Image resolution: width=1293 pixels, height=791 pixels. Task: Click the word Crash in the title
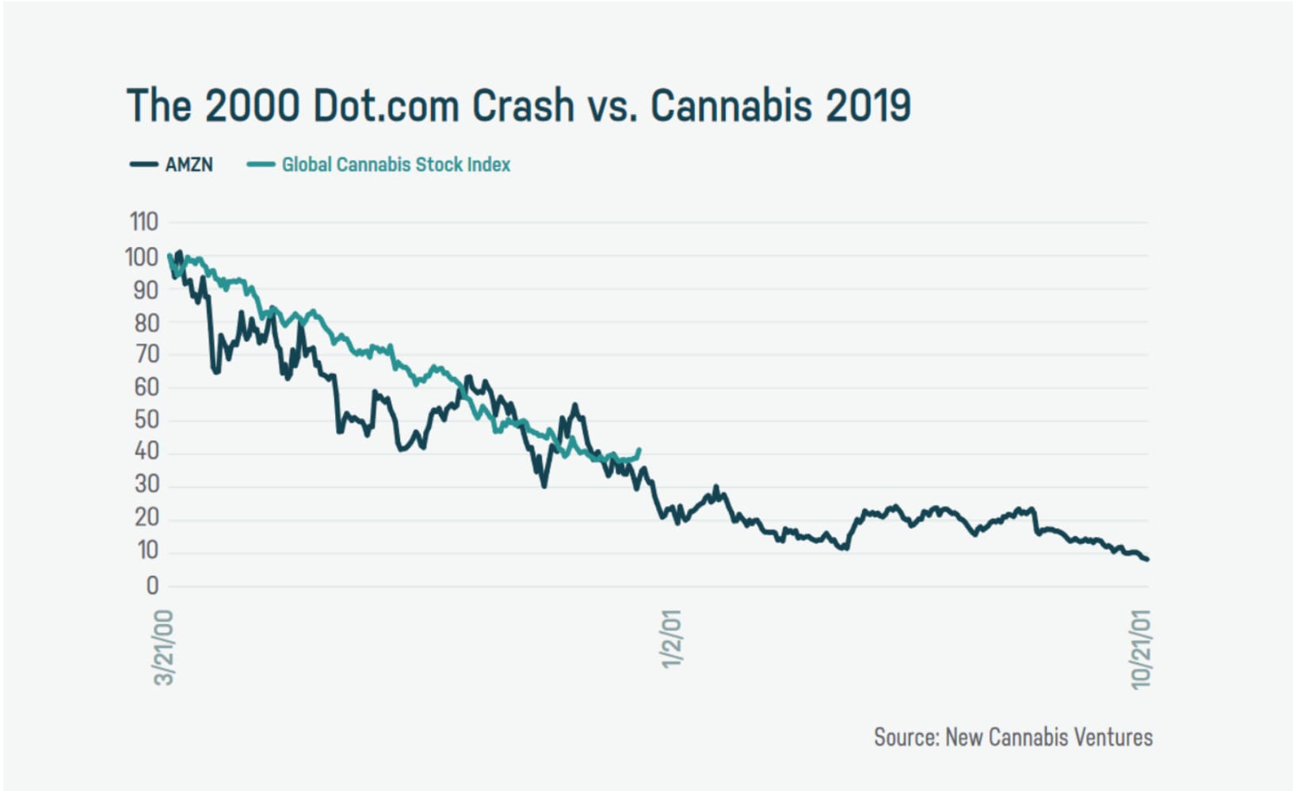click(x=523, y=105)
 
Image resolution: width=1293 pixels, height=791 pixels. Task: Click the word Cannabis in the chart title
click(x=730, y=105)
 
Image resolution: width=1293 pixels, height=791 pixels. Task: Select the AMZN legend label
click(x=189, y=165)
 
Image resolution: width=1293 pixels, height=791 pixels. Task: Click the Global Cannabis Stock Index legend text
click(x=396, y=165)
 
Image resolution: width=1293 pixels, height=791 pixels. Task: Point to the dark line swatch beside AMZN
click(x=144, y=165)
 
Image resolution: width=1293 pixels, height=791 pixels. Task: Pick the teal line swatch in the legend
click(x=261, y=165)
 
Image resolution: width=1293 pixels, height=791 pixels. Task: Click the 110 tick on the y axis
click(x=144, y=222)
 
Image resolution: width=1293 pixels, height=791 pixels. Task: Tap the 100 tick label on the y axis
click(x=142, y=257)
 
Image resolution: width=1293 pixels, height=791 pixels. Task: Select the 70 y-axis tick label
click(x=147, y=354)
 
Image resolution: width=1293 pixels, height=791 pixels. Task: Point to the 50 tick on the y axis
click(x=147, y=419)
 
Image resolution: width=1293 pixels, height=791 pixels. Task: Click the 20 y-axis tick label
click(x=147, y=517)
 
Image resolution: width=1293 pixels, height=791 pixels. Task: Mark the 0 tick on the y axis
click(x=152, y=585)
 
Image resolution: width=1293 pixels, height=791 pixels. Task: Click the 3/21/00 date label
click(x=163, y=647)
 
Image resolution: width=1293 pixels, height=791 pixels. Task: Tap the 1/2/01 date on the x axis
click(x=671, y=638)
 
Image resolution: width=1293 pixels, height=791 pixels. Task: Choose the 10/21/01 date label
click(x=1141, y=649)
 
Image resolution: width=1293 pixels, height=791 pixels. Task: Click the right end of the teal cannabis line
click(x=639, y=451)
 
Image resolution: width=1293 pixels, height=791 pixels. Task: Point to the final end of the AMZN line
click(x=1146, y=559)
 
